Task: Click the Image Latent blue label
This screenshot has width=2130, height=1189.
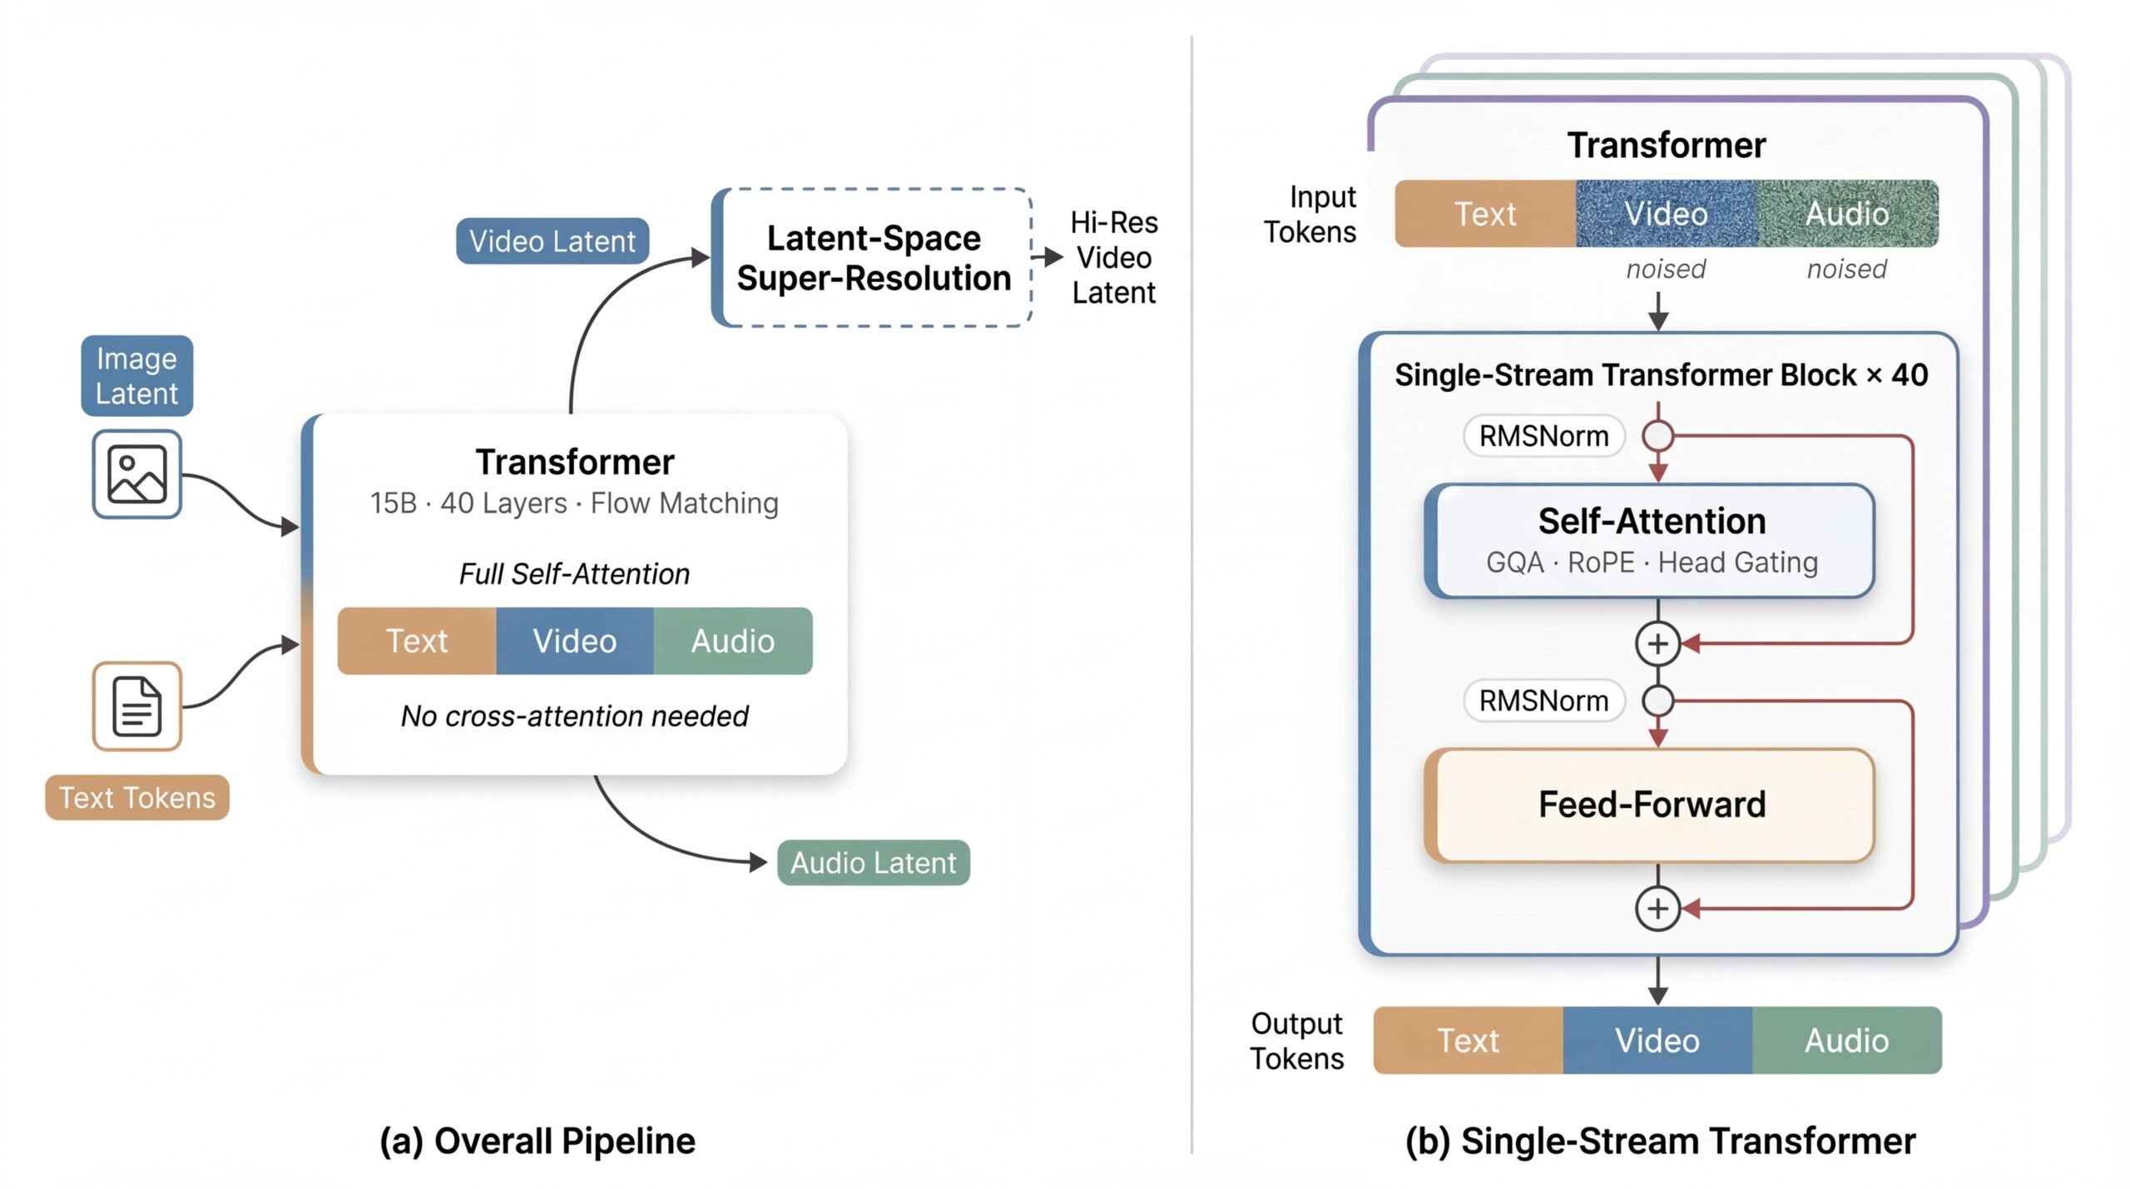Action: [x=136, y=375]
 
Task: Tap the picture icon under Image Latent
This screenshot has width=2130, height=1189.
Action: [x=136, y=474]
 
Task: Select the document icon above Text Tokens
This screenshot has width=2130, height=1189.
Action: [x=136, y=706]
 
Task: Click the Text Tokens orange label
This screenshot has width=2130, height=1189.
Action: [x=136, y=797]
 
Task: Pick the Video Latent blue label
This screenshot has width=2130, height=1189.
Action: [x=552, y=241]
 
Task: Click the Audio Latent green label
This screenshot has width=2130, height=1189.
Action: [x=873, y=862]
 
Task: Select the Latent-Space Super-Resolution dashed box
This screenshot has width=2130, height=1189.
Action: [x=873, y=258]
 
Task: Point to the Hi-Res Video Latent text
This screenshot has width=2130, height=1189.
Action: [x=1113, y=257]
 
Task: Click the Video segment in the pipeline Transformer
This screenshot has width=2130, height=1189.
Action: [x=574, y=641]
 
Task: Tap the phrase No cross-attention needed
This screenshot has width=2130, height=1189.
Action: [x=574, y=716]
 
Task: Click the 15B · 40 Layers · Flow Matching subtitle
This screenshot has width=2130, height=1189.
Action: [x=574, y=503]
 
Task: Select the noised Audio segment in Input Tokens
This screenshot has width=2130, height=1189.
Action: [x=1846, y=214]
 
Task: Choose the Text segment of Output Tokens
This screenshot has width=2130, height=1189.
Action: [x=1468, y=1040]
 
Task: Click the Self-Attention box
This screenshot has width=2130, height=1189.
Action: [x=1651, y=541]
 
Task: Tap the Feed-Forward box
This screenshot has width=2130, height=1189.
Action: [x=1651, y=805]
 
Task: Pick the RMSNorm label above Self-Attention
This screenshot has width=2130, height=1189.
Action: [x=1543, y=436]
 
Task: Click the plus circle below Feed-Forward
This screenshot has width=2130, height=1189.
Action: [x=1657, y=908]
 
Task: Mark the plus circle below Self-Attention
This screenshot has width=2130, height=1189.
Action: [x=1657, y=643]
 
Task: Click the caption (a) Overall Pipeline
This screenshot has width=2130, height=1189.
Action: [x=537, y=1141]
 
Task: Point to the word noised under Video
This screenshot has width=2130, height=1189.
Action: [x=1666, y=269]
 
